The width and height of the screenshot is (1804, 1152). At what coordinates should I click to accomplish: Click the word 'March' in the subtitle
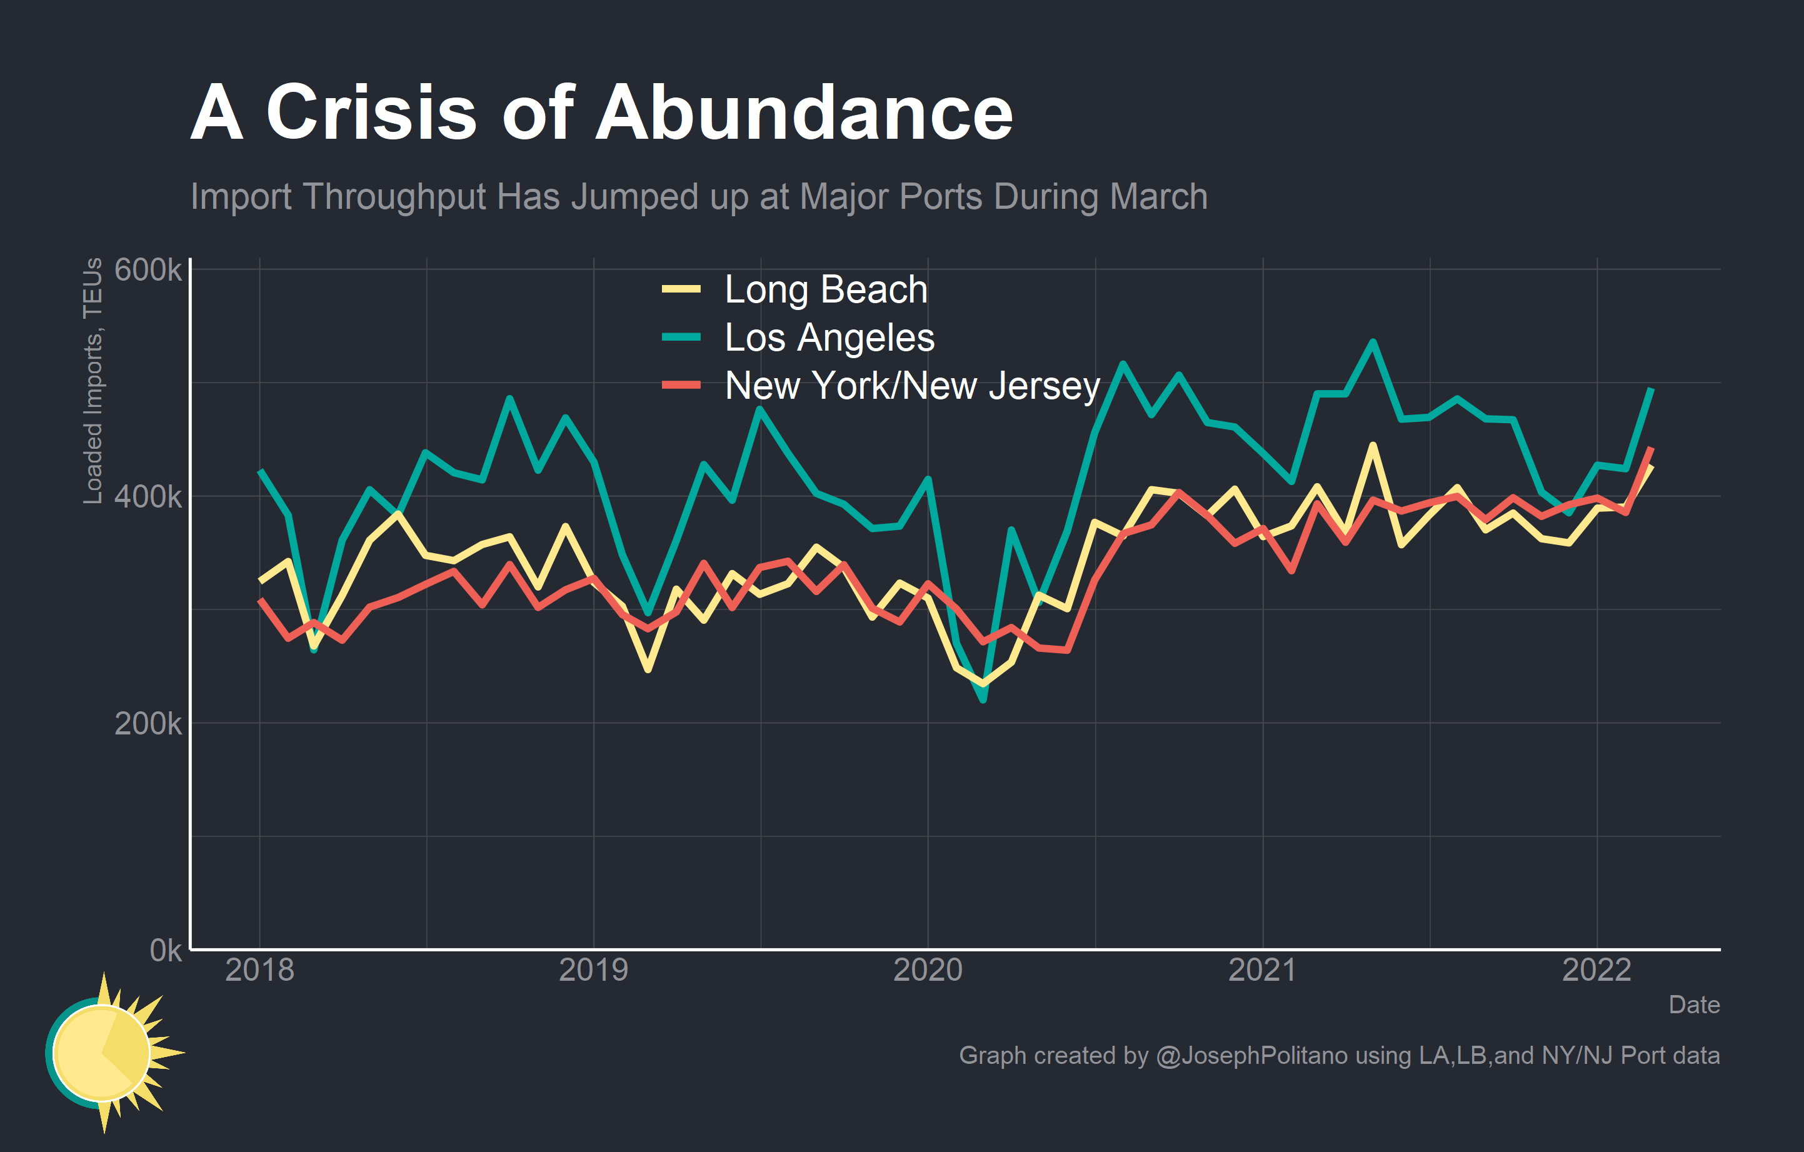pyautogui.click(x=1158, y=197)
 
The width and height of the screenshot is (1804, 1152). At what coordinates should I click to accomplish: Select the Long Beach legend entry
pyautogui.click(x=825, y=289)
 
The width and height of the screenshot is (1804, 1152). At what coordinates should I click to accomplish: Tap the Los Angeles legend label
pyautogui.click(x=829, y=337)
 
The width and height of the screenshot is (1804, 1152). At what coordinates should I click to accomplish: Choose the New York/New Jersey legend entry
pyautogui.click(x=912, y=386)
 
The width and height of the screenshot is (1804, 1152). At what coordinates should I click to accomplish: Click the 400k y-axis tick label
pyautogui.click(x=148, y=496)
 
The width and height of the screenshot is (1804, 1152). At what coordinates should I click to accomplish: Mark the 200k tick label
pyautogui.click(x=148, y=724)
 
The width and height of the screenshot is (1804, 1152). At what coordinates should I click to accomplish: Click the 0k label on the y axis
pyautogui.click(x=165, y=951)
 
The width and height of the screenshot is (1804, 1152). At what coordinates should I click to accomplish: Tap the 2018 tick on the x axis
pyautogui.click(x=259, y=970)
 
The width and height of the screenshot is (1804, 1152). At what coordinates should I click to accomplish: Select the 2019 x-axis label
pyautogui.click(x=593, y=970)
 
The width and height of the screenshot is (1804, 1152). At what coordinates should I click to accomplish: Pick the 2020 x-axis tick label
pyautogui.click(x=928, y=970)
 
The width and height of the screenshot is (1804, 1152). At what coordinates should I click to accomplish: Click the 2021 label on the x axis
pyautogui.click(x=1262, y=970)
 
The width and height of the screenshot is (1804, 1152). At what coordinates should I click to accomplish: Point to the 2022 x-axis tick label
pyautogui.click(x=1596, y=970)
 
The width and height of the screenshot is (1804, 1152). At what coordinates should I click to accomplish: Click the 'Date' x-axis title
pyautogui.click(x=1694, y=1004)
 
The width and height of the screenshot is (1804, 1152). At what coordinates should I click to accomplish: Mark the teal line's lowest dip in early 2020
pyautogui.click(x=983, y=700)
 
